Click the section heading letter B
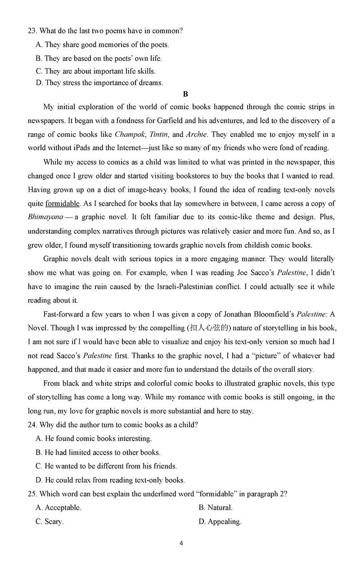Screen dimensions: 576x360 (185, 94)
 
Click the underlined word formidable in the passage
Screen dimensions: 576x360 (62, 203)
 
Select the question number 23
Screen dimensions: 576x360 (32, 31)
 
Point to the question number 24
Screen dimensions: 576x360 (32, 425)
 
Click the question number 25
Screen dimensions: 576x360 (32, 494)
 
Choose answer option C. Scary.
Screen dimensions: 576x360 (49, 522)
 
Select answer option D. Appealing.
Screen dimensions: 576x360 (220, 522)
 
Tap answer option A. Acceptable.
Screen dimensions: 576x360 (58, 508)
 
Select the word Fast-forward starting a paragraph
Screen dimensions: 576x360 (64, 314)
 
